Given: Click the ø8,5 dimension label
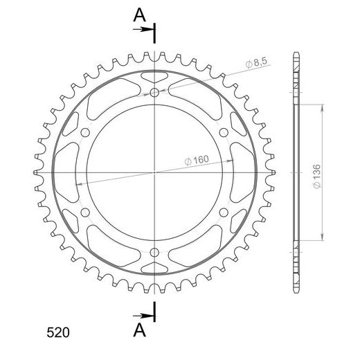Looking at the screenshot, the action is point(256,62).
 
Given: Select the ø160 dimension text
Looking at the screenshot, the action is point(197,160).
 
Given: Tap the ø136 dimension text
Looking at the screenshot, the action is point(317,176).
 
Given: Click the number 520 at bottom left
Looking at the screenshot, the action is point(58,332).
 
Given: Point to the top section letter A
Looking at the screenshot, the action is point(139,15).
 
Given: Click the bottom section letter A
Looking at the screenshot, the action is point(139,330).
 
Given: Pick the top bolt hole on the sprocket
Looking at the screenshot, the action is point(154,93).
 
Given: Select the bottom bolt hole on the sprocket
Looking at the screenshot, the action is point(154,252).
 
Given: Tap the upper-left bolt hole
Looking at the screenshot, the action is point(85,132).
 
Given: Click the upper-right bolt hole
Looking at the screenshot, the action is point(224,132).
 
